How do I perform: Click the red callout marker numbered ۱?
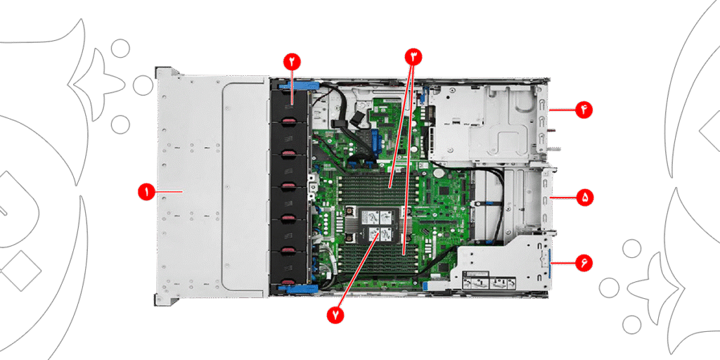pos(147,191)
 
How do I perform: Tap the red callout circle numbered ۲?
pos(292,60)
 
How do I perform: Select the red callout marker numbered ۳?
pos(413,56)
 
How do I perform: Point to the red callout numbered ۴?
pos(584,110)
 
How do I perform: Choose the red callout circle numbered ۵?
pos(584,198)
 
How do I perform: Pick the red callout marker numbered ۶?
pos(584,263)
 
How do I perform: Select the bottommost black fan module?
pos(289,267)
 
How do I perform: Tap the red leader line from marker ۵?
pos(563,198)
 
